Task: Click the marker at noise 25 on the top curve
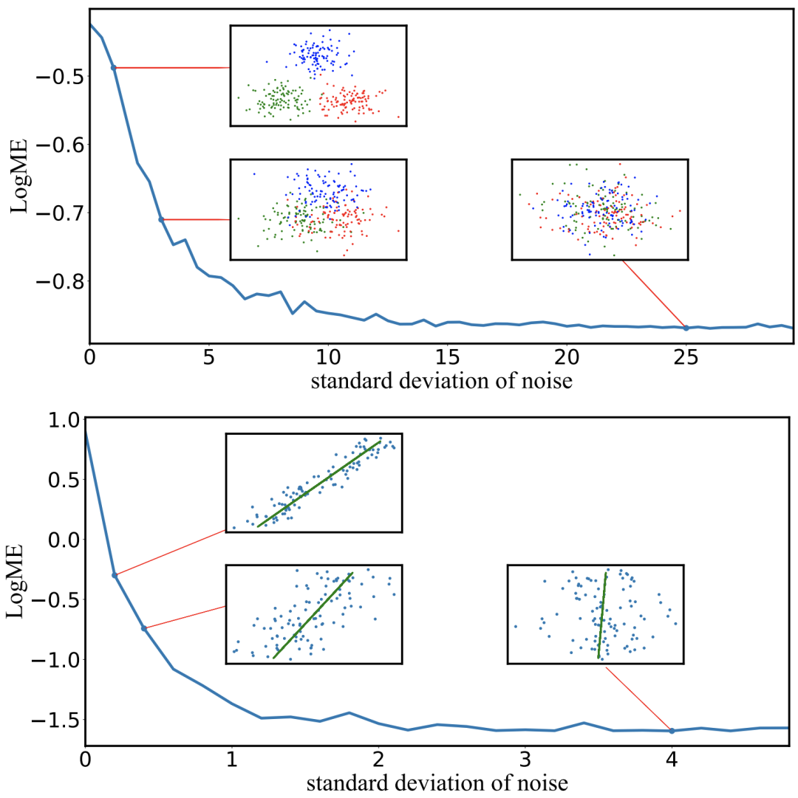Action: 686,328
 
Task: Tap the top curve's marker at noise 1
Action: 114,67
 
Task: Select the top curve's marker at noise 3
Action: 161,219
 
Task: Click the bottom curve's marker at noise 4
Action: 672,731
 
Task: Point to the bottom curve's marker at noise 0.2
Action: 115,575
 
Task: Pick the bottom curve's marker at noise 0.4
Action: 144,628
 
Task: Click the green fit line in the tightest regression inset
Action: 318,484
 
